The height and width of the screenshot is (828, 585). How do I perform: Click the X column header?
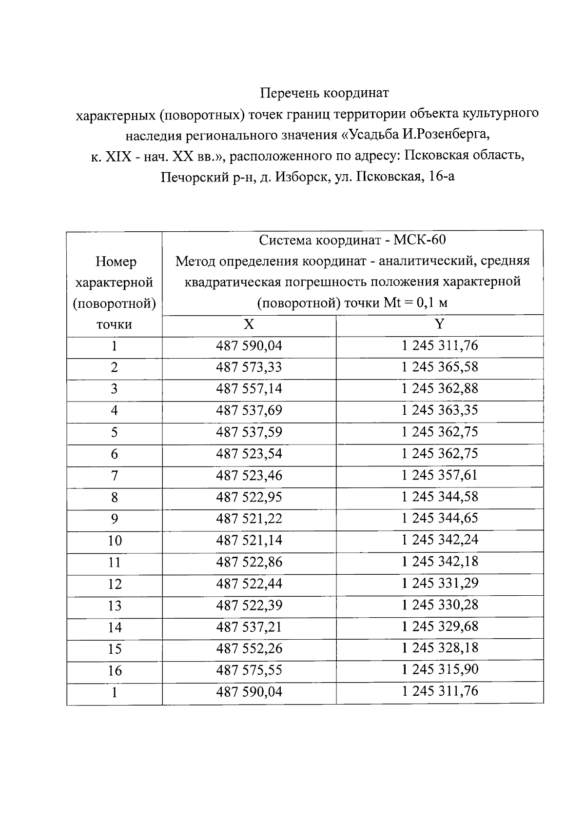click(249, 325)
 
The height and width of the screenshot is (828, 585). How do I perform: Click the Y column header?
click(440, 324)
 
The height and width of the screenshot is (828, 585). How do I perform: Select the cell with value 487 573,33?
click(249, 367)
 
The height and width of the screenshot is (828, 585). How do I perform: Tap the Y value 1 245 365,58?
click(440, 367)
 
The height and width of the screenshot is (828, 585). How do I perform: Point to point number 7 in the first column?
click(114, 476)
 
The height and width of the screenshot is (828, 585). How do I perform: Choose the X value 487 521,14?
click(249, 540)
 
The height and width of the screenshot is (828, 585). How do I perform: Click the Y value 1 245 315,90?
click(440, 669)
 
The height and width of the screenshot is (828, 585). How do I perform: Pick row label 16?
click(114, 671)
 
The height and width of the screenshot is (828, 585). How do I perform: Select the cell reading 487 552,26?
click(249, 648)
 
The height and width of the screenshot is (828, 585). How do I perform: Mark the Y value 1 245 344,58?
click(440, 497)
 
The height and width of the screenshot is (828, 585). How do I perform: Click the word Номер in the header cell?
click(116, 262)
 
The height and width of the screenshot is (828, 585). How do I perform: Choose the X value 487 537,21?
click(249, 627)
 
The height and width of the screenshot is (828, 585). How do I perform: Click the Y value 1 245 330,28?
click(440, 605)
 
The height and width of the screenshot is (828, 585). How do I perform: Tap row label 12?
click(114, 584)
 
